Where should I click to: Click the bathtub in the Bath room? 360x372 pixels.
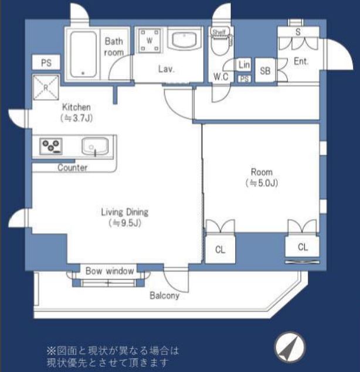point(83,54)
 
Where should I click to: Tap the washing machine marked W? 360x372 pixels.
point(150,40)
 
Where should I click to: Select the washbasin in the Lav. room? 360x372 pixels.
point(185,39)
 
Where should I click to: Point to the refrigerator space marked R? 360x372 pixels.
point(46,87)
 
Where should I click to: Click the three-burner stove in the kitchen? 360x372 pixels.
point(51,146)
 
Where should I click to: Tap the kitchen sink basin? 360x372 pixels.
point(95,146)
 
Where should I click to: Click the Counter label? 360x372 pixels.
point(73,168)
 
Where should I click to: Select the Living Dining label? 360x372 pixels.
point(125,212)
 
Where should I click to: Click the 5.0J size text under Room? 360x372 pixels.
point(262,183)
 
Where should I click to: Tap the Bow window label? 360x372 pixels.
point(110,271)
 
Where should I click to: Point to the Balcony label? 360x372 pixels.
point(165,296)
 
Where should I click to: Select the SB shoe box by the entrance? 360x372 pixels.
point(265,70)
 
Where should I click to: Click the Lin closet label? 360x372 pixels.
point(244,64)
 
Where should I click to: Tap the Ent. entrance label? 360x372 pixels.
point(301,62)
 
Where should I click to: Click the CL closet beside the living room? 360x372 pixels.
point(220,249)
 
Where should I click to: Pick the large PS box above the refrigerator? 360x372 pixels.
point(46,63)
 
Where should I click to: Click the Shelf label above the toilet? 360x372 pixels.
point(219,32)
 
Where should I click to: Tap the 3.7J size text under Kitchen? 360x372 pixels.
point(76,118)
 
